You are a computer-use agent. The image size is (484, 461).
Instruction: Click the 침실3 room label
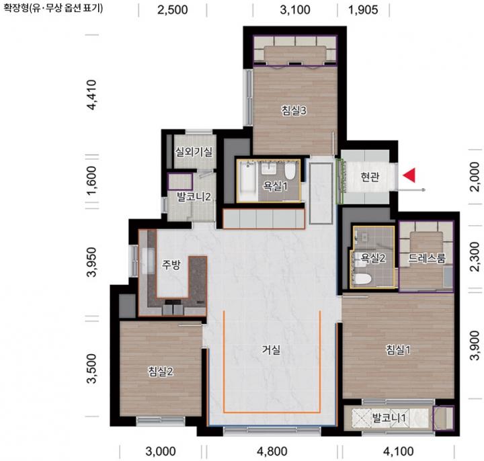294,110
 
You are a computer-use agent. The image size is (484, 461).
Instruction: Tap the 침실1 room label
398,350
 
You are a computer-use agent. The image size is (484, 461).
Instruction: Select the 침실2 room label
161,372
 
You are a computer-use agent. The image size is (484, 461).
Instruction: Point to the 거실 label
271,350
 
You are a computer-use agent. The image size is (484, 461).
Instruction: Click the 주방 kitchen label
171,265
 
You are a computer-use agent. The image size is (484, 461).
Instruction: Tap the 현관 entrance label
370,177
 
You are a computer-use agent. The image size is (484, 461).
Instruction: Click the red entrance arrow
409,175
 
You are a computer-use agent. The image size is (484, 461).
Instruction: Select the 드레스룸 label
427,258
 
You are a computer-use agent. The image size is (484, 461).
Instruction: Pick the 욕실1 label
275,186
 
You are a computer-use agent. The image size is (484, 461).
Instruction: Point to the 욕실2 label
373,258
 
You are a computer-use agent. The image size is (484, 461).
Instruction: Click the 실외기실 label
194,151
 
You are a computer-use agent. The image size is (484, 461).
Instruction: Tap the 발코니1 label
389,418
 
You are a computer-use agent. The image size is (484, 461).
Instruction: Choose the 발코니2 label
194,196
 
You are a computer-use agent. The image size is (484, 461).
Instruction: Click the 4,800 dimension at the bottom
272,452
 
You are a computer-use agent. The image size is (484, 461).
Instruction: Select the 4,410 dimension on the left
92,95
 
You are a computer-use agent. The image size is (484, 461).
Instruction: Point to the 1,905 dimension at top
363,10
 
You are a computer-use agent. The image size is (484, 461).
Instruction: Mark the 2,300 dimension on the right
475,257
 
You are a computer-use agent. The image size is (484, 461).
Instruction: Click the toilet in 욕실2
362,279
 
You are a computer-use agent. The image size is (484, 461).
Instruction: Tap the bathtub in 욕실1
248,181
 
